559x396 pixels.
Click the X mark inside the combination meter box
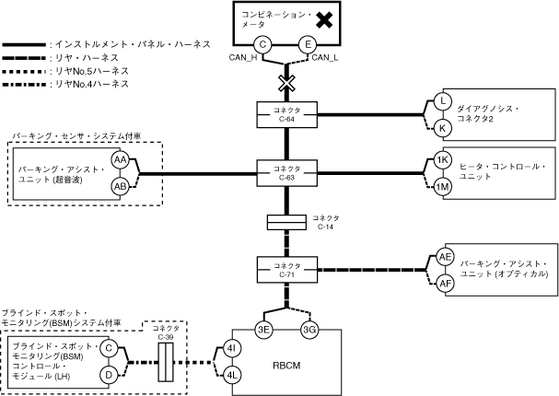(x=324, y=18)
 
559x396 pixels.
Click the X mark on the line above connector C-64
(x=286, y=83)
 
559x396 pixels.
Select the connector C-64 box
(x=286, y=114)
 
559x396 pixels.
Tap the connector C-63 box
(x=286, y=172)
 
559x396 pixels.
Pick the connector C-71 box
(x=286, y=270)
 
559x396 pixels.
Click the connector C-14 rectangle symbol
(x=286, y=222)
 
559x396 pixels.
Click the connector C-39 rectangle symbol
(x=167, y=362)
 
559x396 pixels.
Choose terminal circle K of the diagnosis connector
(x=442, y=127)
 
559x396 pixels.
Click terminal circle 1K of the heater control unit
(x=442, y=160)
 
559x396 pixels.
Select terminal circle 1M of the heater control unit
(x=442, y=187)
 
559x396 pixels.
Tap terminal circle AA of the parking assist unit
(x=120, y=160)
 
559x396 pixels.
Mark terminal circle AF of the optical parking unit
(x=445, y=283)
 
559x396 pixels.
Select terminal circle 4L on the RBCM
(x=232, y=375)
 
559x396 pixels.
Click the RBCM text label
(x=286, y=363)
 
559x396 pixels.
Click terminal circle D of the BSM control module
(x=107, y=375)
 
